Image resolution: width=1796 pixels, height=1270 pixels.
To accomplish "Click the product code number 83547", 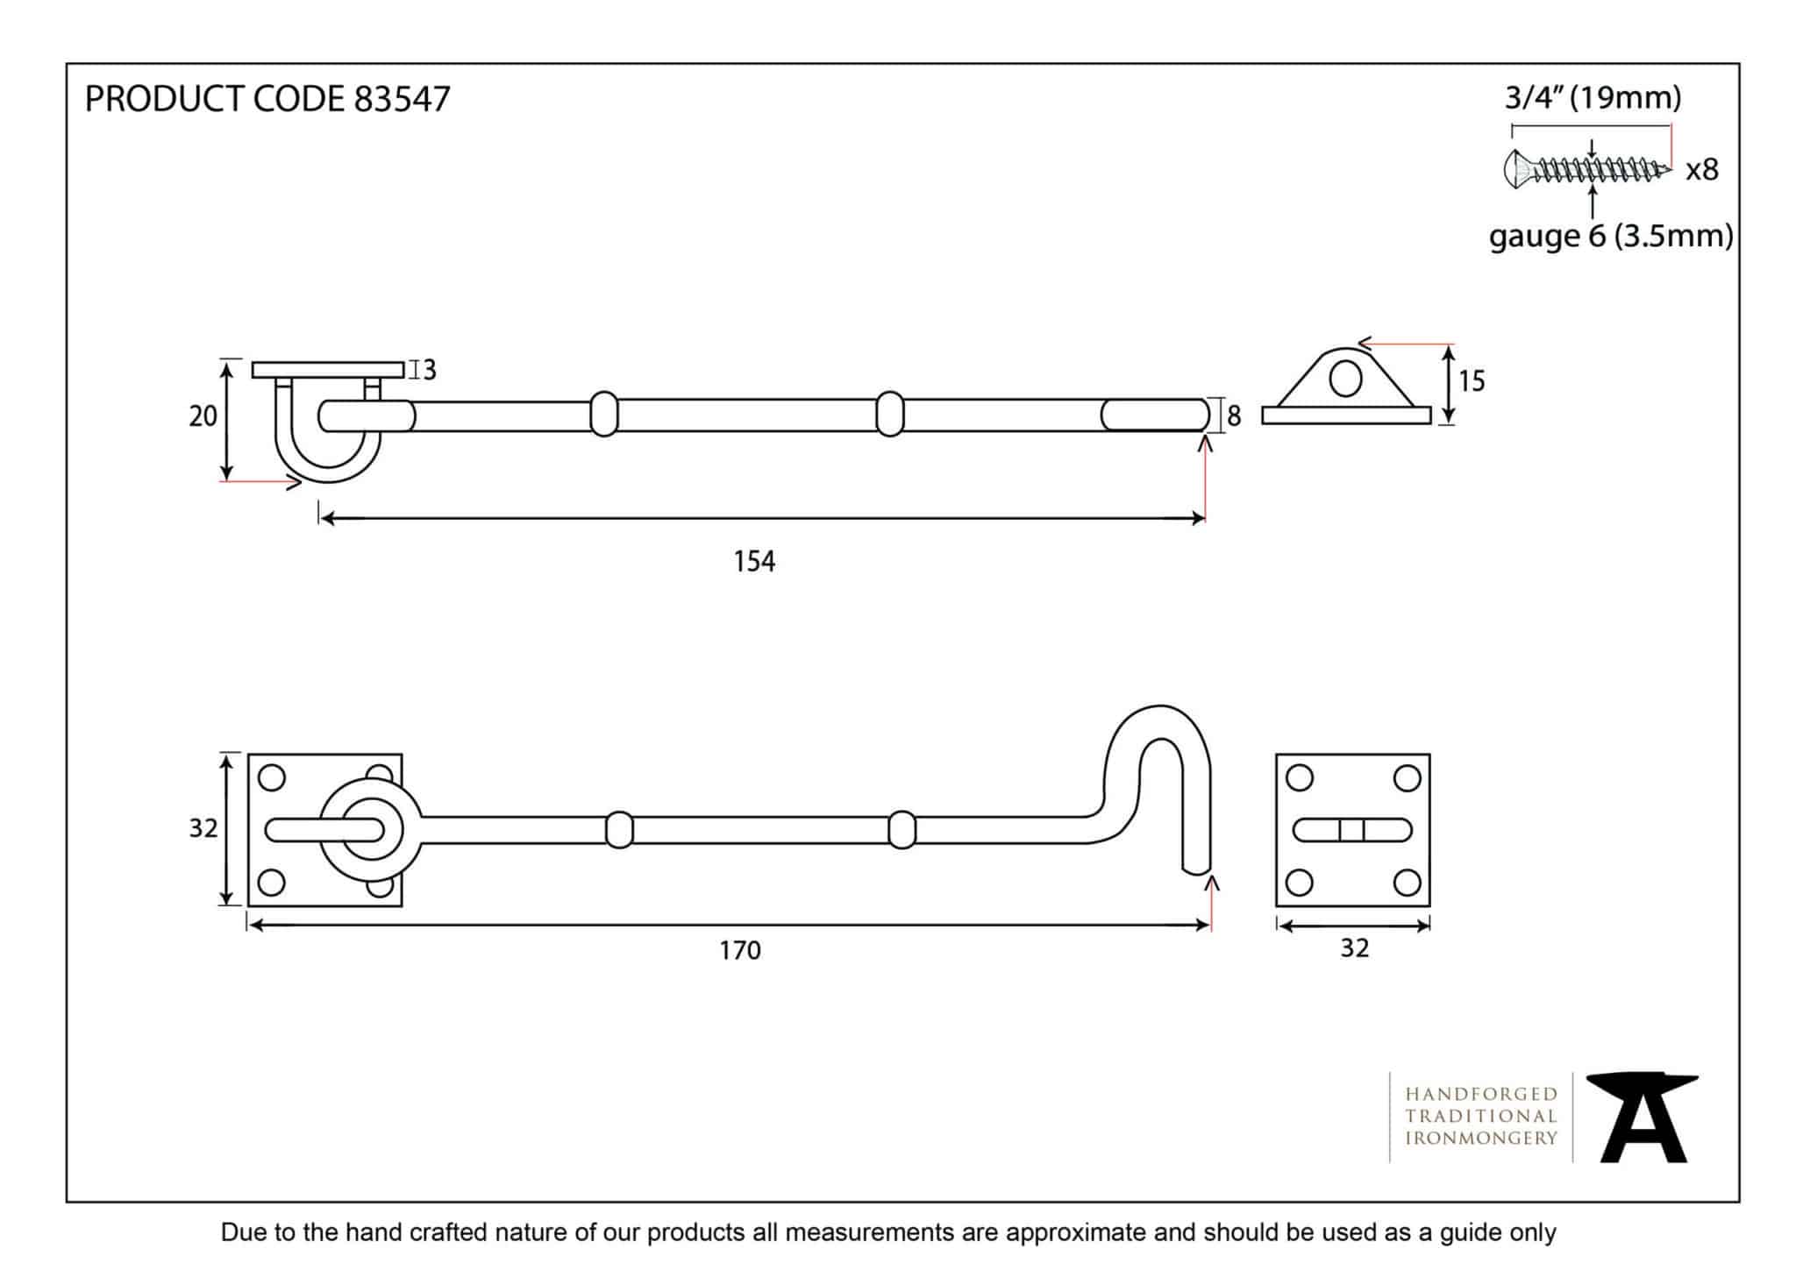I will [402, 99].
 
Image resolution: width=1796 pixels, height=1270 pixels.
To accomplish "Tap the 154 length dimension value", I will [754, 561].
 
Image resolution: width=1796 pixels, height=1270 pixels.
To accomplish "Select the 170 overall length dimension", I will [740, 950].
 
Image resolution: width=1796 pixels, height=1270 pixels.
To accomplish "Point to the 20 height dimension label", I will [203, 416].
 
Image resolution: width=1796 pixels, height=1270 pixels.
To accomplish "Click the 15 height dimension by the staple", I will [1472, 381].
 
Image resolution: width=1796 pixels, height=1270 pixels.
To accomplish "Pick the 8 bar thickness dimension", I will [1234, 416].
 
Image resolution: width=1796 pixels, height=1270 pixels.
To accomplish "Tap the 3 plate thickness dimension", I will [429, 370].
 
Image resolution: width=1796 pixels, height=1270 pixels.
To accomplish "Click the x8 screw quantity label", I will [1701, 169].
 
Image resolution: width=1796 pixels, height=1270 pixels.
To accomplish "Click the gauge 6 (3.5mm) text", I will [1610, 236].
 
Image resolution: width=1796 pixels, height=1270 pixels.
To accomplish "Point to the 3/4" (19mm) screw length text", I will [1593, 97].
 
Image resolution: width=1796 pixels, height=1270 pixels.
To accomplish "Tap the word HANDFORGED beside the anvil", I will [1480, 1094].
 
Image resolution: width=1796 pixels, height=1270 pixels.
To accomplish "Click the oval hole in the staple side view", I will [1345, 379].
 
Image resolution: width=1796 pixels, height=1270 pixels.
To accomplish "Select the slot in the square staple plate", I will [1352, 829].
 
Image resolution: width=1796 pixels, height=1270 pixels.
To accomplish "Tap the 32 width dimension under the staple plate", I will [1354, 947].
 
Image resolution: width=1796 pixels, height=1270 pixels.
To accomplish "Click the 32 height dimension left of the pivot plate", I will [203, 828].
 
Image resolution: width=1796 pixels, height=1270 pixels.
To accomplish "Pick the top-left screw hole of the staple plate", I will [1299, 777].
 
